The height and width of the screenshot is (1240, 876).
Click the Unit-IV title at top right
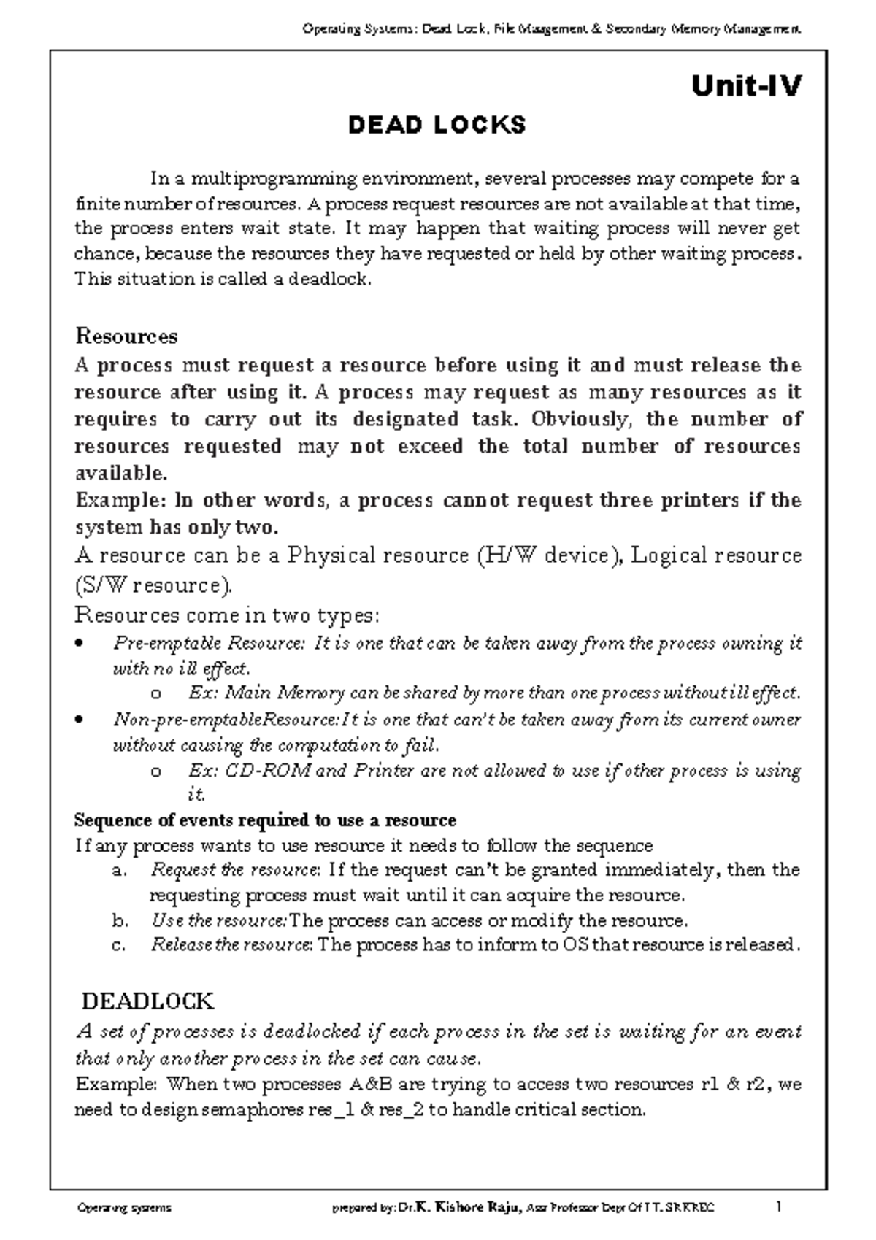click(x=745, y=87)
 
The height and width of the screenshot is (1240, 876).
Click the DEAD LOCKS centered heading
click(x=437, y=126)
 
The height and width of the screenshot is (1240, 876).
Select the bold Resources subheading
click(x=126, y=336)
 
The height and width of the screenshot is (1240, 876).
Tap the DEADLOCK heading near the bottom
click(x=147, y=1001)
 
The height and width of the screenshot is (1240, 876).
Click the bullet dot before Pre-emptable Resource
click(x=80, y=644)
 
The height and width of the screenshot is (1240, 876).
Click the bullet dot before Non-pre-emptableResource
click(x=80, y=720)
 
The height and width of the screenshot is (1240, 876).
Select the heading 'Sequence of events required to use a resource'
click(x=265, y=820)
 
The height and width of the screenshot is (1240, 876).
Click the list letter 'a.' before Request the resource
click(x=120, y=871)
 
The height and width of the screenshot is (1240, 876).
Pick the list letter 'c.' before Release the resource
click(x=119, y=945)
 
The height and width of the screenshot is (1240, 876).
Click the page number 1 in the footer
click(x=779, y=1207)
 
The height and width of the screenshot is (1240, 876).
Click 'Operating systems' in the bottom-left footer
click(x=124, y=1208)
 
